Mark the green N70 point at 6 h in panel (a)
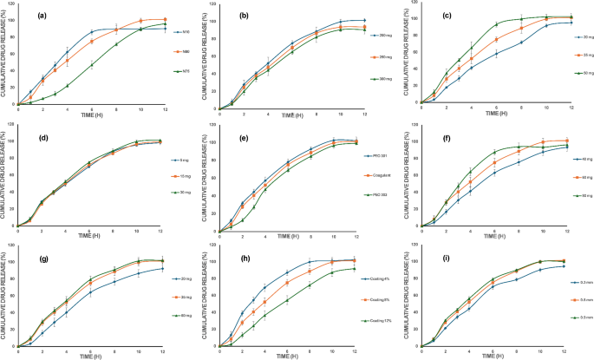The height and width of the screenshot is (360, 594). click(93, 65)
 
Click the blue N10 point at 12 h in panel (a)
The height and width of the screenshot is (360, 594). click(166, 29)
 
